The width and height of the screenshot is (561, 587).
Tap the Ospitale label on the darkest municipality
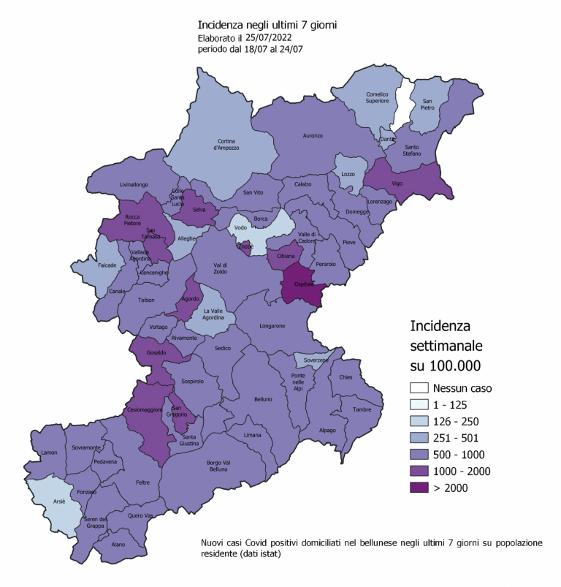point(303,284)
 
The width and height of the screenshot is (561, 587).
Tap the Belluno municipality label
point(263,399)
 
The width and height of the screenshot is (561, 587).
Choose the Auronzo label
point(313,135)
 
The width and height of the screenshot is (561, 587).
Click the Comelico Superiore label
point(378,96)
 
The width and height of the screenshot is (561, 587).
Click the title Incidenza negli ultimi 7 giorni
point(267,25)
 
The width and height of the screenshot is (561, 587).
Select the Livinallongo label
point(134,184)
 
